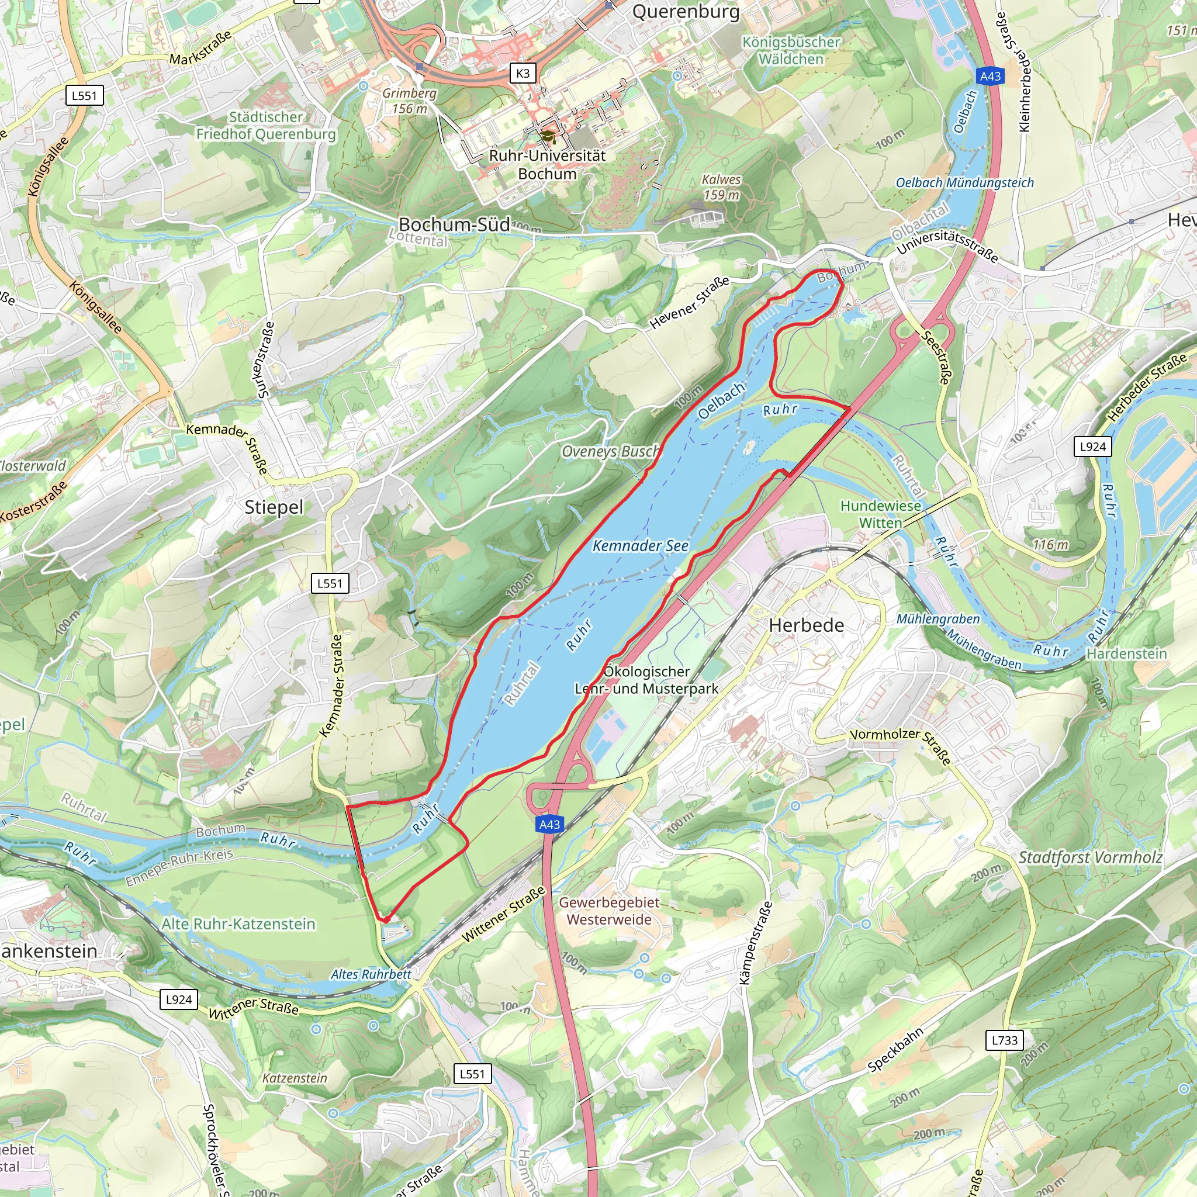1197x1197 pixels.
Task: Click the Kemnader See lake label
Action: [x=640, y=546]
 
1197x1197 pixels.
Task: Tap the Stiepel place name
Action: [x=274, y=507]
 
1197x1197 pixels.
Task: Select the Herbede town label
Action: [x=806, y=625]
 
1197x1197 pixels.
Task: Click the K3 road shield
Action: [x=523, y=73]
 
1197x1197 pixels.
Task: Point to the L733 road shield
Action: [x=1004, y=1040]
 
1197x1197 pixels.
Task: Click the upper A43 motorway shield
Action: [x=990, y=76]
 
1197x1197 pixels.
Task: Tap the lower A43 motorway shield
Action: [x=549, y=824]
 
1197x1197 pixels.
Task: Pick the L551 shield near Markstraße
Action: [x=84, y=95]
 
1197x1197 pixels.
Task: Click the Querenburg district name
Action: [x=685, y=12]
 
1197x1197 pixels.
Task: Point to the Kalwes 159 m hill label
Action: [x=721, y=187]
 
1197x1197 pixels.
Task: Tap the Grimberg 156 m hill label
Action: [x=409, y=101]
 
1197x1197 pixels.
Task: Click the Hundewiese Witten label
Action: [x=880, y=514]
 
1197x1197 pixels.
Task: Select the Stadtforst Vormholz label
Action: [x=1090, y=857]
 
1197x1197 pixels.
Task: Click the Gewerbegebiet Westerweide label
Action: [x=609, y=911]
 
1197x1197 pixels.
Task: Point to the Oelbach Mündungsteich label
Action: [x=964, y=183]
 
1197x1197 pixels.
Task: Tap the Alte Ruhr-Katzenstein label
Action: [x=238, y=924]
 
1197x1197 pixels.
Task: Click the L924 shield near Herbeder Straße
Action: [x=1092, y=447]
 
